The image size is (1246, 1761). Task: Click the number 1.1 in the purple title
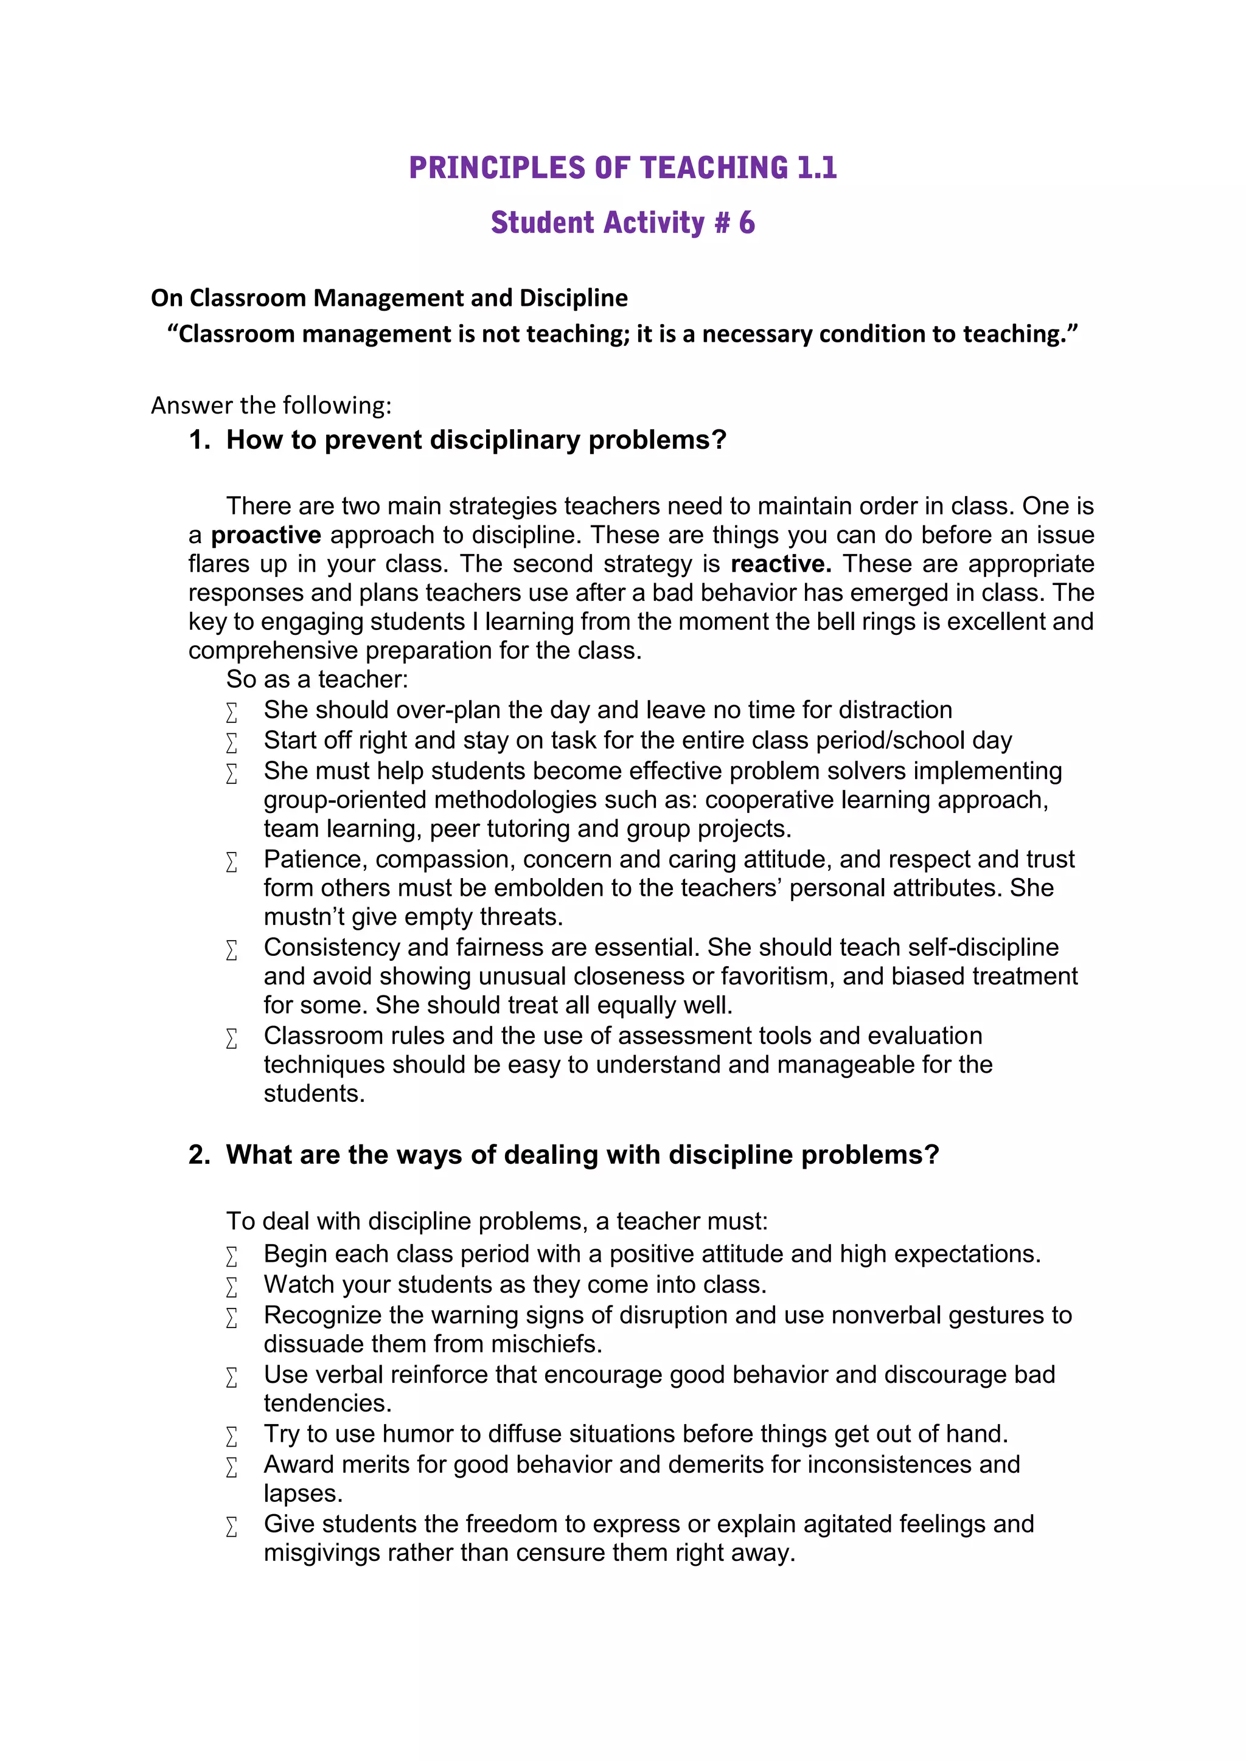pyautogui.click(x=816, y=168)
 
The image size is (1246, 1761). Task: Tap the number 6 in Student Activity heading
pyautogui.click(x=746, y=223)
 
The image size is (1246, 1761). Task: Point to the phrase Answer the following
pyautogui.click(x=271, y=405)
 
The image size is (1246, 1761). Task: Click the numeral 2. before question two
pyautogui.click(x=200, y=1155)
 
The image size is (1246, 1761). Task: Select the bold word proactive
pyautogui.click(x=265, y=535)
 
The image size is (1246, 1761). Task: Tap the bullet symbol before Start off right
pyautogui.click(x=232, y=742)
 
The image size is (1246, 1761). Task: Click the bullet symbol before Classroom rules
pyautogui.click(x=232, y=1039)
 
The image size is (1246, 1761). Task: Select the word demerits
pyautogui.click(x=716, y=1465)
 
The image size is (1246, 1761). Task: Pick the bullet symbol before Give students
pyautogui.click(x=232, y=1527)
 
